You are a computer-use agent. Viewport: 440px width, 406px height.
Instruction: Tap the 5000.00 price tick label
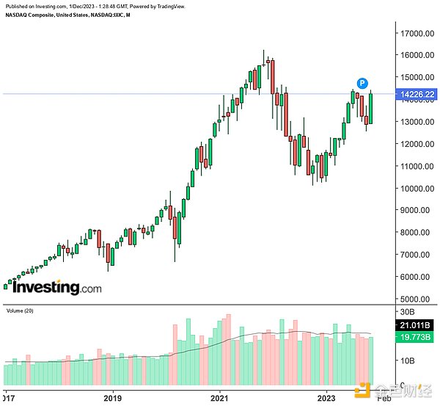(x=414, y=299)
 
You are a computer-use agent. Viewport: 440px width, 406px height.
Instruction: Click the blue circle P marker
(x=362, y=82)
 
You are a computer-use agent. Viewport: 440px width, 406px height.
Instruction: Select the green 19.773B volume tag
(x=413, y=338)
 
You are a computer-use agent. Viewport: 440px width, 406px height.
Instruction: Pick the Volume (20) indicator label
(x=21, y=311)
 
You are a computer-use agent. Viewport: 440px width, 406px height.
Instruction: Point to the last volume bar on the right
(x=372, y=360)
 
